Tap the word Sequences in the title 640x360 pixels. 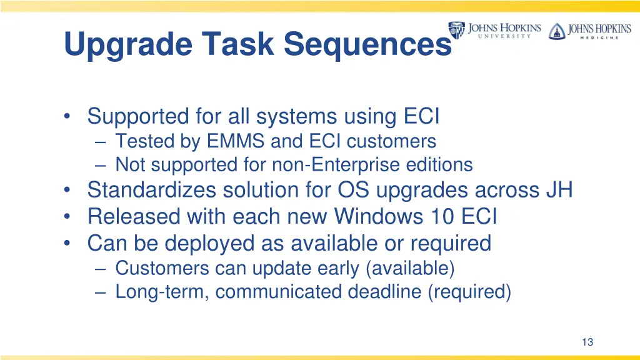point(367,44)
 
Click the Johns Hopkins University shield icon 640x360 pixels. point(456,30)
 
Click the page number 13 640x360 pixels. point(587,342)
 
